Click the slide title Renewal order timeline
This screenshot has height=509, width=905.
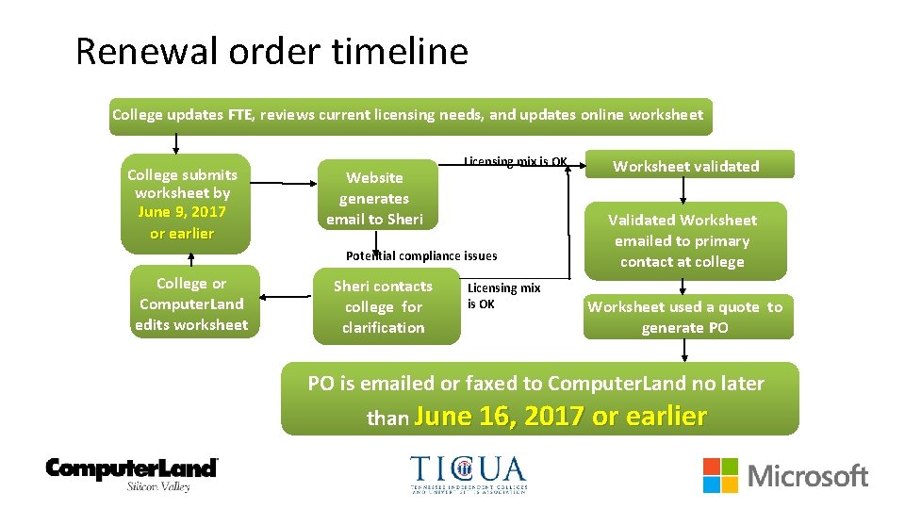pos(271,51)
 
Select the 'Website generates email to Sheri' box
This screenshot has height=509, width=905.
pos(374,198)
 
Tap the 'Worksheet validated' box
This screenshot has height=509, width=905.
pos(685,166)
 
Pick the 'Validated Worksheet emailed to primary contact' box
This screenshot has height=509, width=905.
pos(683,240)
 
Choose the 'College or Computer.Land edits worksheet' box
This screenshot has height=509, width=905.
pos(191,304)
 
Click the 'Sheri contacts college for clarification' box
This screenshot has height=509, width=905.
pos(383,307)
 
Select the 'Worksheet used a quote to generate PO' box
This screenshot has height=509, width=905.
pos(685,318)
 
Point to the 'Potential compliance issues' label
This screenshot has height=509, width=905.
pos(421,255)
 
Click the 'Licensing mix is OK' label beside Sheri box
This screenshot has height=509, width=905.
pos(503,295)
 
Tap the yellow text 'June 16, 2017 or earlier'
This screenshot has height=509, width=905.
pos(560,417)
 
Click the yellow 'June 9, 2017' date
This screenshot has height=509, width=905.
pos(182,211)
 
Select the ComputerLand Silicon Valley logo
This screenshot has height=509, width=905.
pos(132,473)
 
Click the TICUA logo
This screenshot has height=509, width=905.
pos(469,474)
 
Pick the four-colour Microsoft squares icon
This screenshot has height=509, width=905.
pos(720,475)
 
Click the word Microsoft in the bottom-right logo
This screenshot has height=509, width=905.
pos(808,476)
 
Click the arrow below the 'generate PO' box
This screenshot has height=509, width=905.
pos(684,351)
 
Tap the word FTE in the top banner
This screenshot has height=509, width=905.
pos(239,115)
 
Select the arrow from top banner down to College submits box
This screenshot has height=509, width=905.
pos(175,144)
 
